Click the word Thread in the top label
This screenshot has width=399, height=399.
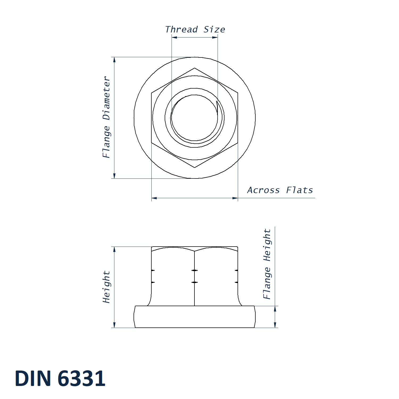181,29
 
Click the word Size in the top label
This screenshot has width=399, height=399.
214,29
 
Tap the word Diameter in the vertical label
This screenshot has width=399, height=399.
106,98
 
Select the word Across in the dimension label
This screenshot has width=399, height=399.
263,190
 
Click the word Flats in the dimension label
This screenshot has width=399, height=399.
300,190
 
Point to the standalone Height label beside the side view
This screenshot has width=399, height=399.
106,287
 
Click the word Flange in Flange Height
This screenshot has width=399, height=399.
267,283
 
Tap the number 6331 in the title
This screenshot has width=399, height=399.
82,378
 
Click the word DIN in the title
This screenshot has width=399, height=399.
33,378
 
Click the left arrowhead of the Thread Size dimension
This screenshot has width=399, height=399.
174,38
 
